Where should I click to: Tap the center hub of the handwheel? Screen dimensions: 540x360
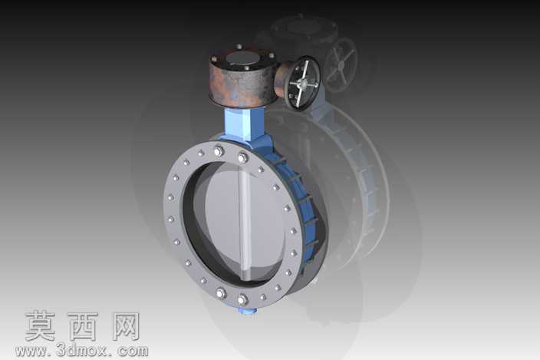click(304, 83)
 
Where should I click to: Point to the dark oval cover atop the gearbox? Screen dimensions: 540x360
click(243, 58)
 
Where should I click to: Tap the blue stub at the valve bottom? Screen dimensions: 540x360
click(247, 312)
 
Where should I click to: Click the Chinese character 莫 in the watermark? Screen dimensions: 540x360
click(41, 326)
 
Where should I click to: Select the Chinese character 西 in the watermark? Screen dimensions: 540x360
click(83, 326)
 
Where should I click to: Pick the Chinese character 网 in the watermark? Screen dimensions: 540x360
click(126, 326)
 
